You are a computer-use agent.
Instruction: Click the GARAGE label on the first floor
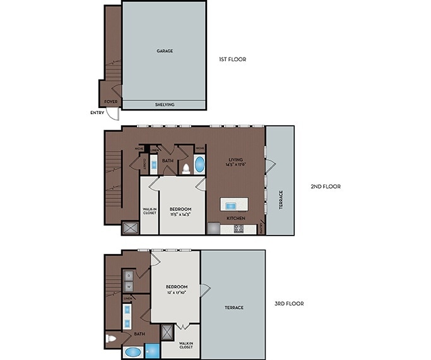[x=164, y=51]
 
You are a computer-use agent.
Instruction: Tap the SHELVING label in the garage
[x=164, y=105]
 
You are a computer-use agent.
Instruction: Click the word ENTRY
[x=97, y=114]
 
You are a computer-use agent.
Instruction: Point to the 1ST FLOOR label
[x=232, y=59]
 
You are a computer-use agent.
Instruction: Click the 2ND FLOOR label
[x=326, y=186]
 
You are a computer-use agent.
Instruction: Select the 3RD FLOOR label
[x=289, y=303]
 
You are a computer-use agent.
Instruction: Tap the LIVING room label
[x=235, y=159]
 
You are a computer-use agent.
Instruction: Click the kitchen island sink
[x=233, y=205]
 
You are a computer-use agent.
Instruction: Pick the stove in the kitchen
[x=239, y=229]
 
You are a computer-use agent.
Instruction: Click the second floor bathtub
[x=199, y=165]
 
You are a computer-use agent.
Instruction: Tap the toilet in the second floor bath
[x=186, y=169]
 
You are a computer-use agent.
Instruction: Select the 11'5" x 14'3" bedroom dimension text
[x=180, y=215]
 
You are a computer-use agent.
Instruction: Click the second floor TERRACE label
[x=281, y=201]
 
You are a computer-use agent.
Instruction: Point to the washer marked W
[x=128, y=285]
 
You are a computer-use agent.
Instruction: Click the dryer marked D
[x=128, y=275]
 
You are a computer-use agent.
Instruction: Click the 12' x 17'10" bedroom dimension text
[x=176, y=292]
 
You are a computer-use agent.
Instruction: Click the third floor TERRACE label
[x=233, y=308]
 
